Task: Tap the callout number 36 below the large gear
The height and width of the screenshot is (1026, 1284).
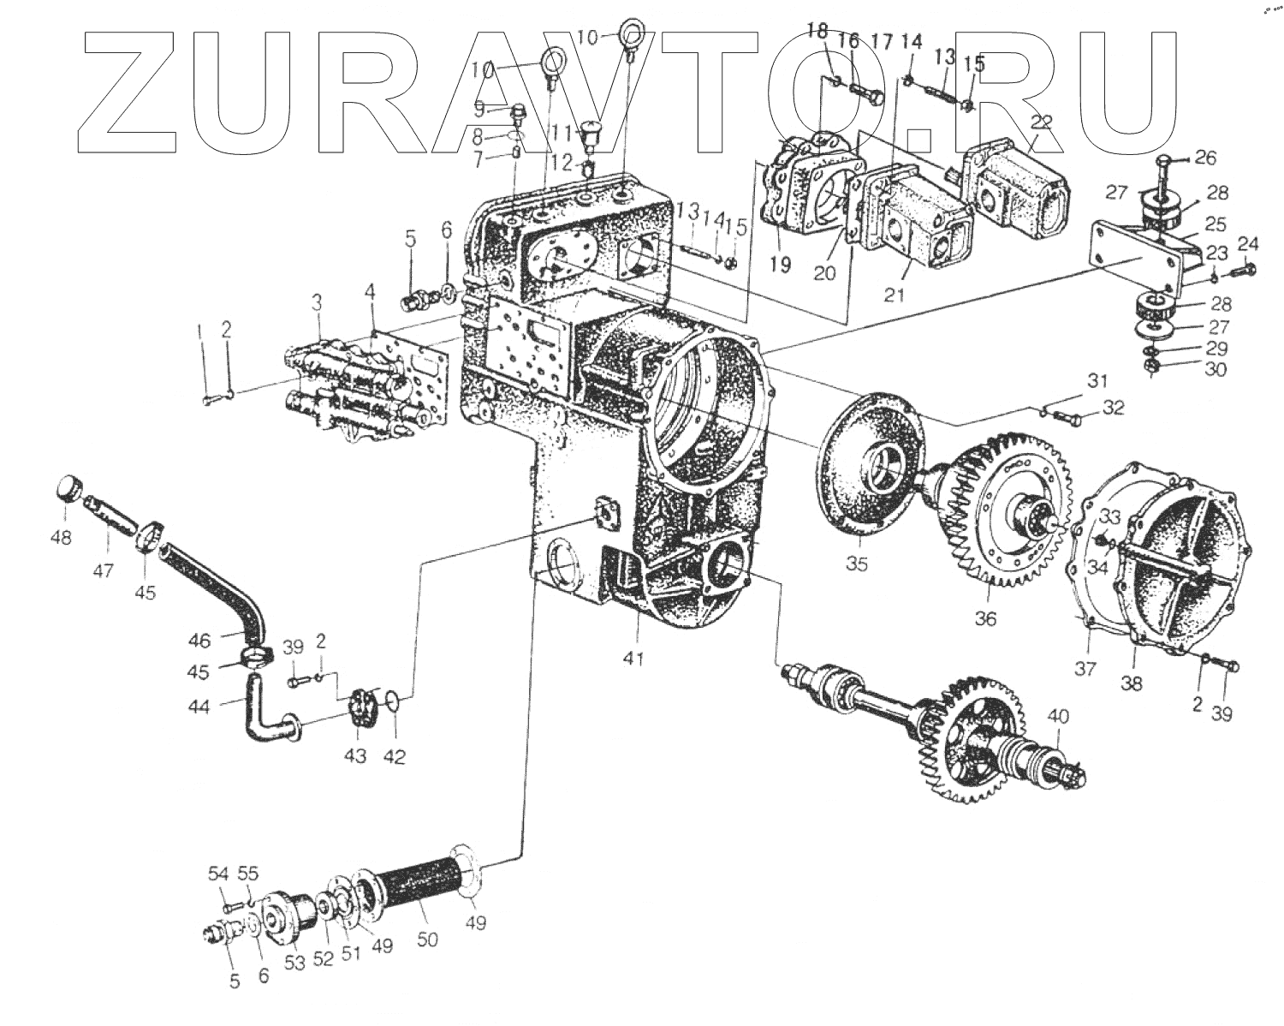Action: tap(985, 617)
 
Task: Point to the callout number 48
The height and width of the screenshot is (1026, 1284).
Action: tap(61, 537)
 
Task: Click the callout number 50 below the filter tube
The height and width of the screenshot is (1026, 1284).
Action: tap(427, 939)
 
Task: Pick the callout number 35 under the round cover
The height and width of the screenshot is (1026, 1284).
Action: tap(857, 564)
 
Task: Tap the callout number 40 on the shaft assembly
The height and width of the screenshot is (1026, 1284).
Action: tap(1058, 714)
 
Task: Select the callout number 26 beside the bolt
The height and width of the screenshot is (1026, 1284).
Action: tap(1205, 158)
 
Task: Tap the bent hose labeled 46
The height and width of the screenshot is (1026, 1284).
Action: tap(205, 582)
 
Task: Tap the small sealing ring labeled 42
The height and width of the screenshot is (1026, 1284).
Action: tap(391, 703)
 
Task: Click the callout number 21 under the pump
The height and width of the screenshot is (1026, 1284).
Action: tap(895, 295)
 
